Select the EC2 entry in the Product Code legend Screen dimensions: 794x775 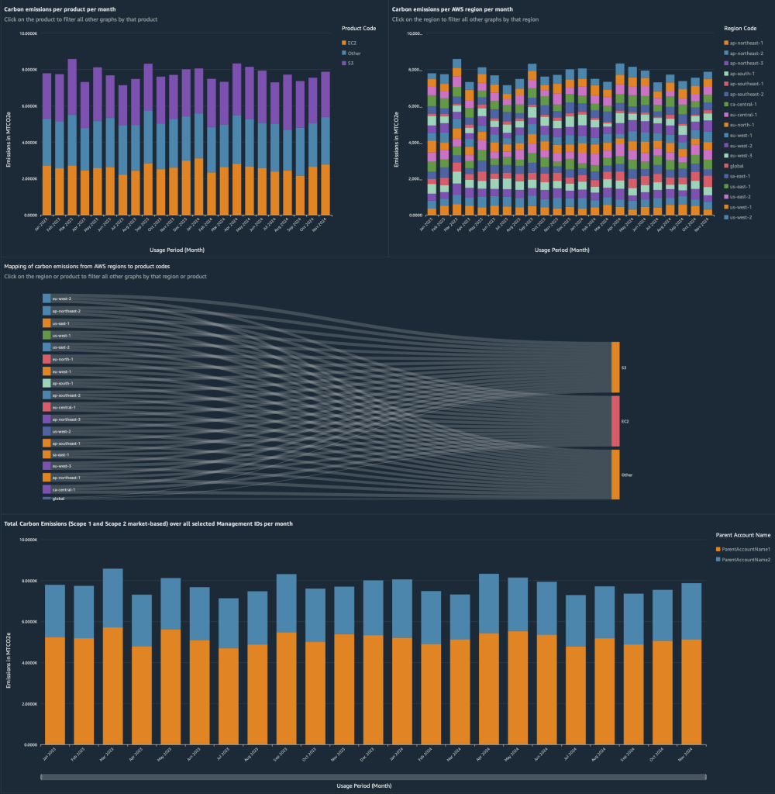click(353, 43)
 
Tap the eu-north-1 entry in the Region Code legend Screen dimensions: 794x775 click(744, 124)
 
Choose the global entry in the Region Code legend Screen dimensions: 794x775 click(738, 165)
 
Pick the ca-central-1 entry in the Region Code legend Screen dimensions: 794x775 click(745, 104)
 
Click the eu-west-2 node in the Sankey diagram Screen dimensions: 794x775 click(46, 299)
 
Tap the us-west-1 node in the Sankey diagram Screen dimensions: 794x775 click(46, 335)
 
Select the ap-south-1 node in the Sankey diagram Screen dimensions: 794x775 click(46, 383)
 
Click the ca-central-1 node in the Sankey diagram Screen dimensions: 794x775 click(46, 490)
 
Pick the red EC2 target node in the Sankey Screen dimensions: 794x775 click(615, 421)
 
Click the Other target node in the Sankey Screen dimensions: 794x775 click(615, 475)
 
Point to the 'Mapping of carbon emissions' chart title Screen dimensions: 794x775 click(87, 267)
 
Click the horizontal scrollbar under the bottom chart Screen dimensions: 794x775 click(370, 775)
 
